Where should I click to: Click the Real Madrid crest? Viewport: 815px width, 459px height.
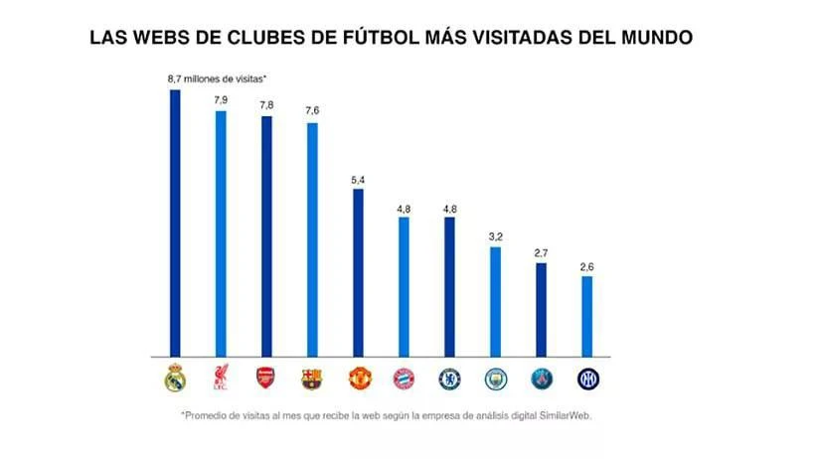tap(175, 378)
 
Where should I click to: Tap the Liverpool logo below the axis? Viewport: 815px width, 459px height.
tap(221, 378)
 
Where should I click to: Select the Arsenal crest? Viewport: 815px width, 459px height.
tap(266, 378)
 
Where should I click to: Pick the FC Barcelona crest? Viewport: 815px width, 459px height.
tap(312, 379)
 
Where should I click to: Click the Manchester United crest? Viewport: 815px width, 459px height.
tap(360, 379)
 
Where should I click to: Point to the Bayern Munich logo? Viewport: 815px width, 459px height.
tap(404, 379)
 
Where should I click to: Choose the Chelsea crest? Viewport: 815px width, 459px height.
tap(449, 379)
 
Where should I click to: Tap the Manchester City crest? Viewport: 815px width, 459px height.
tap(496, 379)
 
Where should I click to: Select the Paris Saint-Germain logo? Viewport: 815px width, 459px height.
tap(542, 379)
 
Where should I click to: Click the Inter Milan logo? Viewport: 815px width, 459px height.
tap(587, 379)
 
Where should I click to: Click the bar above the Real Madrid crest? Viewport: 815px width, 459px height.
tap(175, 224)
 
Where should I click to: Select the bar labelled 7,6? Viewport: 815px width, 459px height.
tap(312, 240)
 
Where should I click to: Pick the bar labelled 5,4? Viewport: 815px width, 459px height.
tap(358, 273)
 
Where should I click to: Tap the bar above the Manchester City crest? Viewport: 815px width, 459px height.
tap(495, 302)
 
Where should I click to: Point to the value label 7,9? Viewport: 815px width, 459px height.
tap(221, 99)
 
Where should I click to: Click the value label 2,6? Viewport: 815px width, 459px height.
tap(586, 267)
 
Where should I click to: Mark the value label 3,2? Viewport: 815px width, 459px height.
tap(495, 237)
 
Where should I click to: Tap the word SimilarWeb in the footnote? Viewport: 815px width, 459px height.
tap(565, 416)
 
